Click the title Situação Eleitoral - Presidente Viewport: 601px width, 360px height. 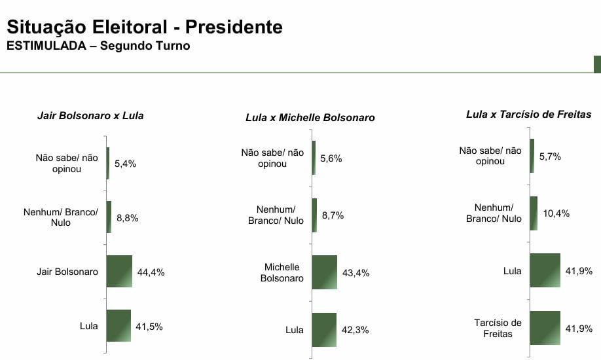(144, 27)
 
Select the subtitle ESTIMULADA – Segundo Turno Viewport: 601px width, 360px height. (98, 46)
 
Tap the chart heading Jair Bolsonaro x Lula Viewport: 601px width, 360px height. (90, 116)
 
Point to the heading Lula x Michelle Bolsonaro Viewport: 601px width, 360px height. (310, 118)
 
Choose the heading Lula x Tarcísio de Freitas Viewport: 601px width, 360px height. (528, 114)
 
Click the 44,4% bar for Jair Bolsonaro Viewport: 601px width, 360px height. (119, 271)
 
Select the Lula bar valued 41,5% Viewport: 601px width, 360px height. (118, 325)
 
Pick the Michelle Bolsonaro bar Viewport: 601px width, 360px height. (325, 272)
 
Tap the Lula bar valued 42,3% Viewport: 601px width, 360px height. (324, 329)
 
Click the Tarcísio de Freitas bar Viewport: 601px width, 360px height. (545, 328)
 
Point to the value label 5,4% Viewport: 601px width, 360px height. (125, 164)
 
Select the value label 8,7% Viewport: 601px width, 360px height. (332, 215)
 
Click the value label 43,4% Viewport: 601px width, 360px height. (355, 272)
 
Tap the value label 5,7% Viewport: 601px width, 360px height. (550, 156)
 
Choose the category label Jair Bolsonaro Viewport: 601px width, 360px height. (67, 272)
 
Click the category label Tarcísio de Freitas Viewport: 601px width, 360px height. (498, 328)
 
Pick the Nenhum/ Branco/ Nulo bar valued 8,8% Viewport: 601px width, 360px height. (109, 217)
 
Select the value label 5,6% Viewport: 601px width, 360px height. (331, 158)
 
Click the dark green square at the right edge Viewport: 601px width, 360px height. (597, 64)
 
